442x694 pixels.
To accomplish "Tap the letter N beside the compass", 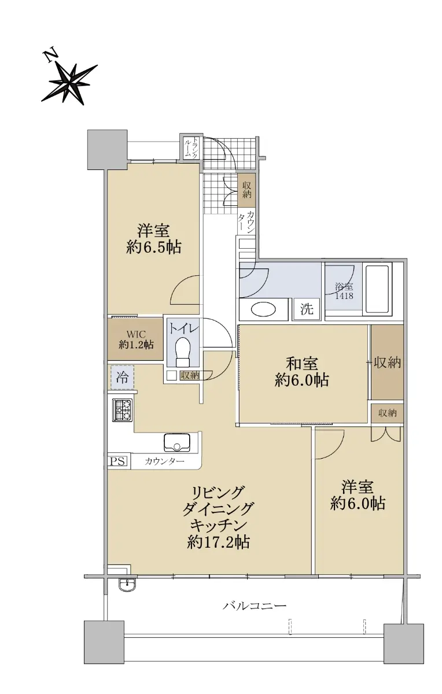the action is coord(51,54).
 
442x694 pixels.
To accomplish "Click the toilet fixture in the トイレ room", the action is coord(183,352).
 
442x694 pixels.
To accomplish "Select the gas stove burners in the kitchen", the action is coord(122,409).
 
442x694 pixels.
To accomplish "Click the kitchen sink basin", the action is coord(177,443).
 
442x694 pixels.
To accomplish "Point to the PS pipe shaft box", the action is coord(118,462).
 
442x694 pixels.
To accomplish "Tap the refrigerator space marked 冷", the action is coord(122,377).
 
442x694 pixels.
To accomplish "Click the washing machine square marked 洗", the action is coord(306,309).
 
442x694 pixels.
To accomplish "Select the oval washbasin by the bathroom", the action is coord(263,309).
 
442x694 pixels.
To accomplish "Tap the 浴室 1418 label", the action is coord(344,291).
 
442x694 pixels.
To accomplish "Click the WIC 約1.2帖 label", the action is coord(136,339).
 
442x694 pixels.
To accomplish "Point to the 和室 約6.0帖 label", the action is coord(301,372).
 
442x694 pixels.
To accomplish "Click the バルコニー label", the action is coord(255,605).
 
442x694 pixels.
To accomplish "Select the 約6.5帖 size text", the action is coord(154,247).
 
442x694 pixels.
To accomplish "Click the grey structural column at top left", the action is coord(108,150).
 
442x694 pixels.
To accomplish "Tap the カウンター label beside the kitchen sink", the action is coord(164,462).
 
